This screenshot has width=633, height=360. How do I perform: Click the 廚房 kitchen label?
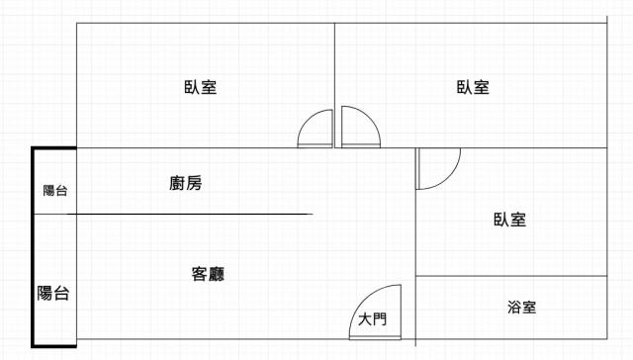[185, 183]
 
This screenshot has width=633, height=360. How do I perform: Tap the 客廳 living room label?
[208, 274]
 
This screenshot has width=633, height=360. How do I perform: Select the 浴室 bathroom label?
[521, 308]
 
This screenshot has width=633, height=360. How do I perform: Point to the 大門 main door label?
[372, 319]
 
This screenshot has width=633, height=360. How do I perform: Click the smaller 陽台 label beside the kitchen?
[55, 191]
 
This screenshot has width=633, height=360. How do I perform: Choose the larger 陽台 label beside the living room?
[52, 293]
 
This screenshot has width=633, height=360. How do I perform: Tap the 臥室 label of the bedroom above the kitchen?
[201, 87]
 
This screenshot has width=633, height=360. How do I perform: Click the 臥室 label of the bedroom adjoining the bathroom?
[510, 220]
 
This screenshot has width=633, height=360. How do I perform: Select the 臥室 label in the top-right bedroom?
[473, 87]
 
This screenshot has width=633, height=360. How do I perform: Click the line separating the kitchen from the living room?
[190, 214]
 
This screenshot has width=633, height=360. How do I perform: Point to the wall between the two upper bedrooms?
[334, 85]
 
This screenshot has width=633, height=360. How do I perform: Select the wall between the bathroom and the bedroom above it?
[511, 276]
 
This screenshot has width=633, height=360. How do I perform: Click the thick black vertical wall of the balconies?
[33, 247]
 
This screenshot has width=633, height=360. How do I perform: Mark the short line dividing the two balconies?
[55, 214]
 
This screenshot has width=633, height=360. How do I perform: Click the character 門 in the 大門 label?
[380, 319]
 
